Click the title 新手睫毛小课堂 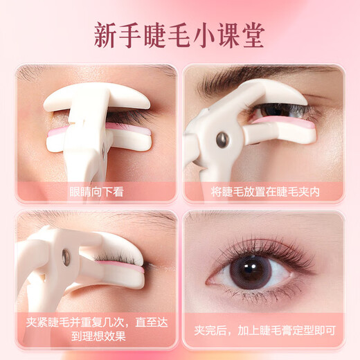pos(180,34)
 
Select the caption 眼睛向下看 pos(96,192)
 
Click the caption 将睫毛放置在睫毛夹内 pos(264,192)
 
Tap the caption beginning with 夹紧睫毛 pos(96,330)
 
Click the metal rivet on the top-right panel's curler pos(223,140)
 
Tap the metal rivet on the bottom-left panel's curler pos(65,258)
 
